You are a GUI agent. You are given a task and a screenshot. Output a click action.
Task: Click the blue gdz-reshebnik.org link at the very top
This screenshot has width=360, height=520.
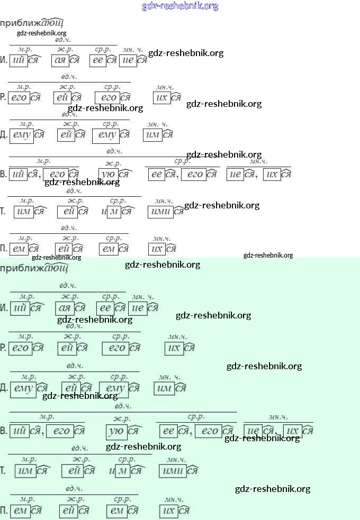click(x=180, y=6)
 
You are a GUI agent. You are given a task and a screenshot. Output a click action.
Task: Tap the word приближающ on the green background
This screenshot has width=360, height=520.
click(x=34, y=268)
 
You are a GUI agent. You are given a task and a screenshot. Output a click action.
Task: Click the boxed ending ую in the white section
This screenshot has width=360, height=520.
click(x=107, y=174)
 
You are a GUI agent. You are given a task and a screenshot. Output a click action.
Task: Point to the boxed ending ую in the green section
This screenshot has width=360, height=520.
click(x=116, y=431)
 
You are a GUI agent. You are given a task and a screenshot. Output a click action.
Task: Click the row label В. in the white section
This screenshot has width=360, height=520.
click(x=4, y=174)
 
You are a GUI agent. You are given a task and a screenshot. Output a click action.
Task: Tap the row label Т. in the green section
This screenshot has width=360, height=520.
click(x=4, y=470)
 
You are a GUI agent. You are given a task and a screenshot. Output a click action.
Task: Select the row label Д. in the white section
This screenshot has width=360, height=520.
click(x=4, y=135)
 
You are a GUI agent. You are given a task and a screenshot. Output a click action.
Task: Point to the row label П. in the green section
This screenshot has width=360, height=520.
click(x=4, y=511)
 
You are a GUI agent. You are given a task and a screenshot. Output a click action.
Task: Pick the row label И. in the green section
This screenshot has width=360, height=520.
click(x=4, y=308)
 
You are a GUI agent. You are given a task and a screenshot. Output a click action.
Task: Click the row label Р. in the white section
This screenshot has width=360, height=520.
click(x=4, y=98)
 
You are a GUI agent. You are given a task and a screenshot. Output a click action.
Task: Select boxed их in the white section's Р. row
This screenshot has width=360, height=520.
click(x=161, y=98)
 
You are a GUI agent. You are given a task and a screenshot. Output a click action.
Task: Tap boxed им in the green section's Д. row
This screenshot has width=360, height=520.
click(x=164, y=389)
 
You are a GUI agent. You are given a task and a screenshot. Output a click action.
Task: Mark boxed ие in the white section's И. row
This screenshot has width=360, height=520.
click(x=128, y=60)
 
